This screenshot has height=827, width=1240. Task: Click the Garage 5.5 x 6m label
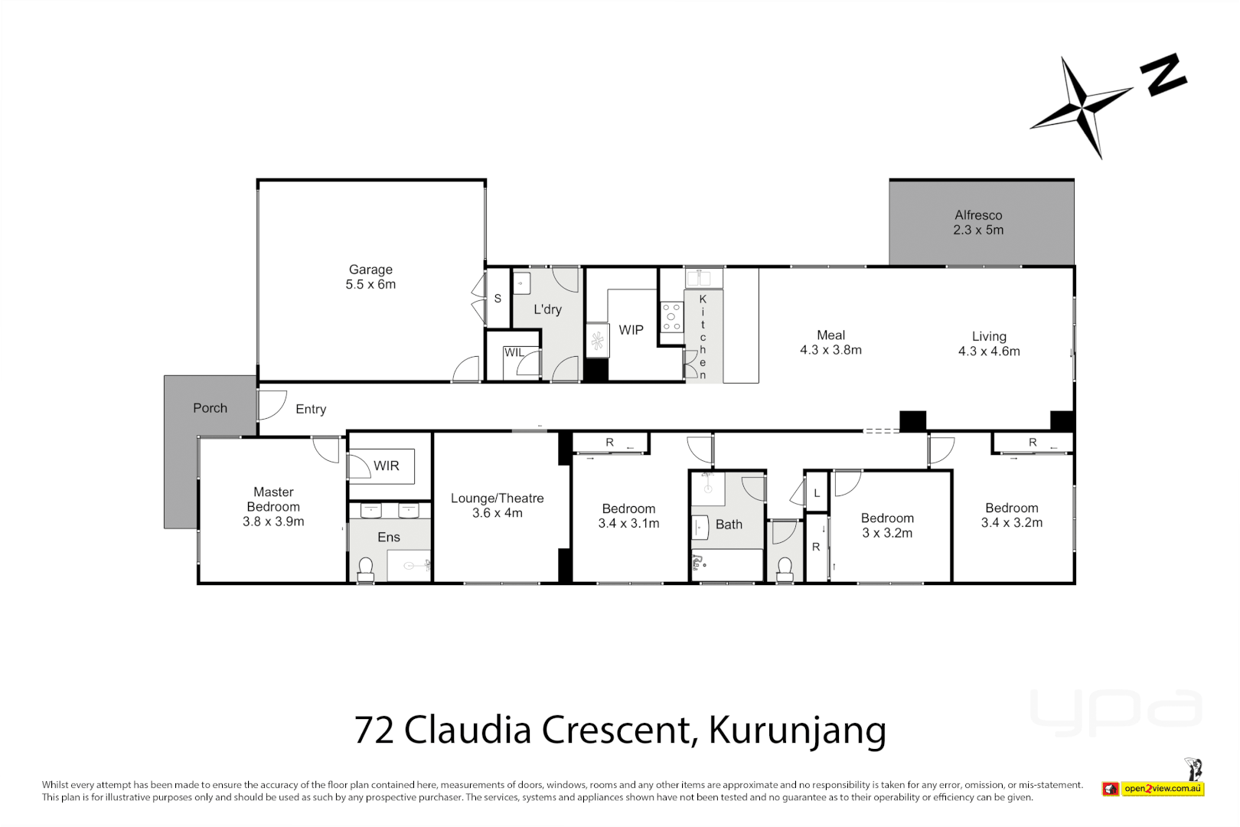click(x=370, y=276)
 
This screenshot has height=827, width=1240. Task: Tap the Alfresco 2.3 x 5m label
click(x=978, y=222)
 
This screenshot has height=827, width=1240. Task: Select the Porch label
click(x=210, y=408)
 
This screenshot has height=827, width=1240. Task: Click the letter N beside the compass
click(x=1163, y=75)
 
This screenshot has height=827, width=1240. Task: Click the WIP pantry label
click(x=631, y=330)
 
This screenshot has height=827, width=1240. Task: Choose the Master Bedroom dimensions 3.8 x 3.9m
click(x=273, y=521)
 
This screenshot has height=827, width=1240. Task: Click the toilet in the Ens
click(x=366, y=567)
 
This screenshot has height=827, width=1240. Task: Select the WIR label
click(x=386, y=466)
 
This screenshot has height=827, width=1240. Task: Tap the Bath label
click(x=729, y=525)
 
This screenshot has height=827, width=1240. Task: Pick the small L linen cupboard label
click(x=817, y=494)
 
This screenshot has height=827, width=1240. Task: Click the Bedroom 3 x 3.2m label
click(x=887, y=525)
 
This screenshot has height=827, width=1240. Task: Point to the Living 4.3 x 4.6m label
click(x=989, y=344)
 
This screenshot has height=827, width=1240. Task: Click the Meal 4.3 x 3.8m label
click(x=830, y=342)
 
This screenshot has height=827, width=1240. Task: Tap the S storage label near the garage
click(x=498, y=299)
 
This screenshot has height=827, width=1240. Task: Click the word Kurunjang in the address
click(x=797, y=730)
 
